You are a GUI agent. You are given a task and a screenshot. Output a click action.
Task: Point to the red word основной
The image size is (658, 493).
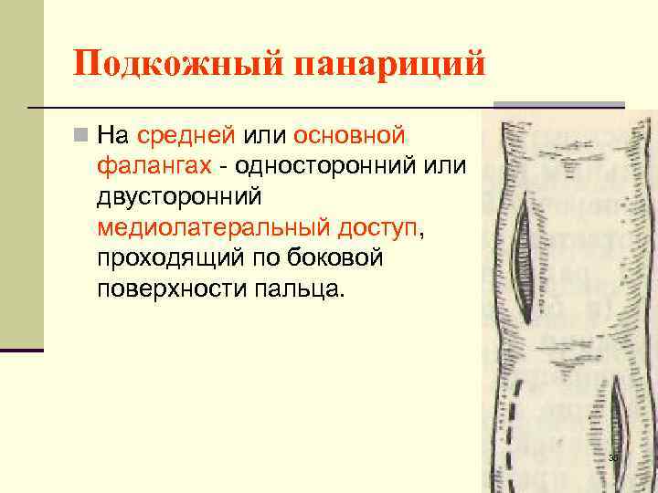350,136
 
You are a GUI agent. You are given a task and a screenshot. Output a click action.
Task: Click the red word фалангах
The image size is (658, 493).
154,167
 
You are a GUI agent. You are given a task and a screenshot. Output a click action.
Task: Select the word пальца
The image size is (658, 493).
303,289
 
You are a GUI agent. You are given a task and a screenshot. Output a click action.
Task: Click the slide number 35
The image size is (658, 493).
613,457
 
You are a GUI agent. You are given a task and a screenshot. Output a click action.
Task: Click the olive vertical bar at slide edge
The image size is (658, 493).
21,173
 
